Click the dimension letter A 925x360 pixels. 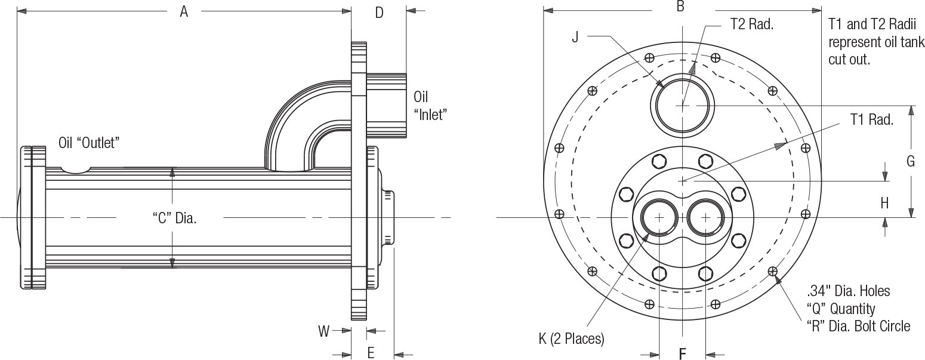184,11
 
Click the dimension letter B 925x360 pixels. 680,7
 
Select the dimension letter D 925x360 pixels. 379,13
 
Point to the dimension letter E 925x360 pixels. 371,353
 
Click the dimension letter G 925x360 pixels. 911,161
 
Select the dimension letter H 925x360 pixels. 884,203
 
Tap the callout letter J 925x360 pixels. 575,37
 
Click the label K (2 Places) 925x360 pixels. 572,339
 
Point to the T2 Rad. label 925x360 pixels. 751,25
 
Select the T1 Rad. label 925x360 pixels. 871,120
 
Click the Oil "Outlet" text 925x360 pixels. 90,143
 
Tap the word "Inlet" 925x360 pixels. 431,115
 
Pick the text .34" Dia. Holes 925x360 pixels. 848,291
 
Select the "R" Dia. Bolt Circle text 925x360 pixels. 858,326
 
